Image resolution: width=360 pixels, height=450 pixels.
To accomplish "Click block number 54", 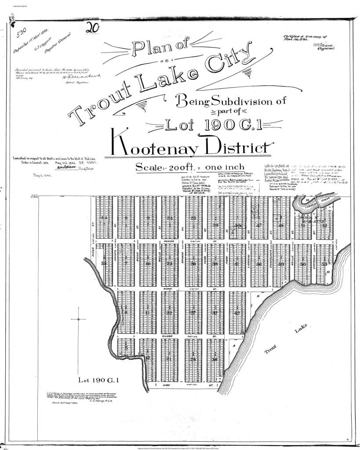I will tap(104, 218).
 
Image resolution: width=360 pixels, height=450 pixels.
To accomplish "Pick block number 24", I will tap(170, 218).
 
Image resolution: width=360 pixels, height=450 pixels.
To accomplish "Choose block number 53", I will tap(324, 264).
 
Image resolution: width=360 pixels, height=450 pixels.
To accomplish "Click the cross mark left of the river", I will tap(78, 319).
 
